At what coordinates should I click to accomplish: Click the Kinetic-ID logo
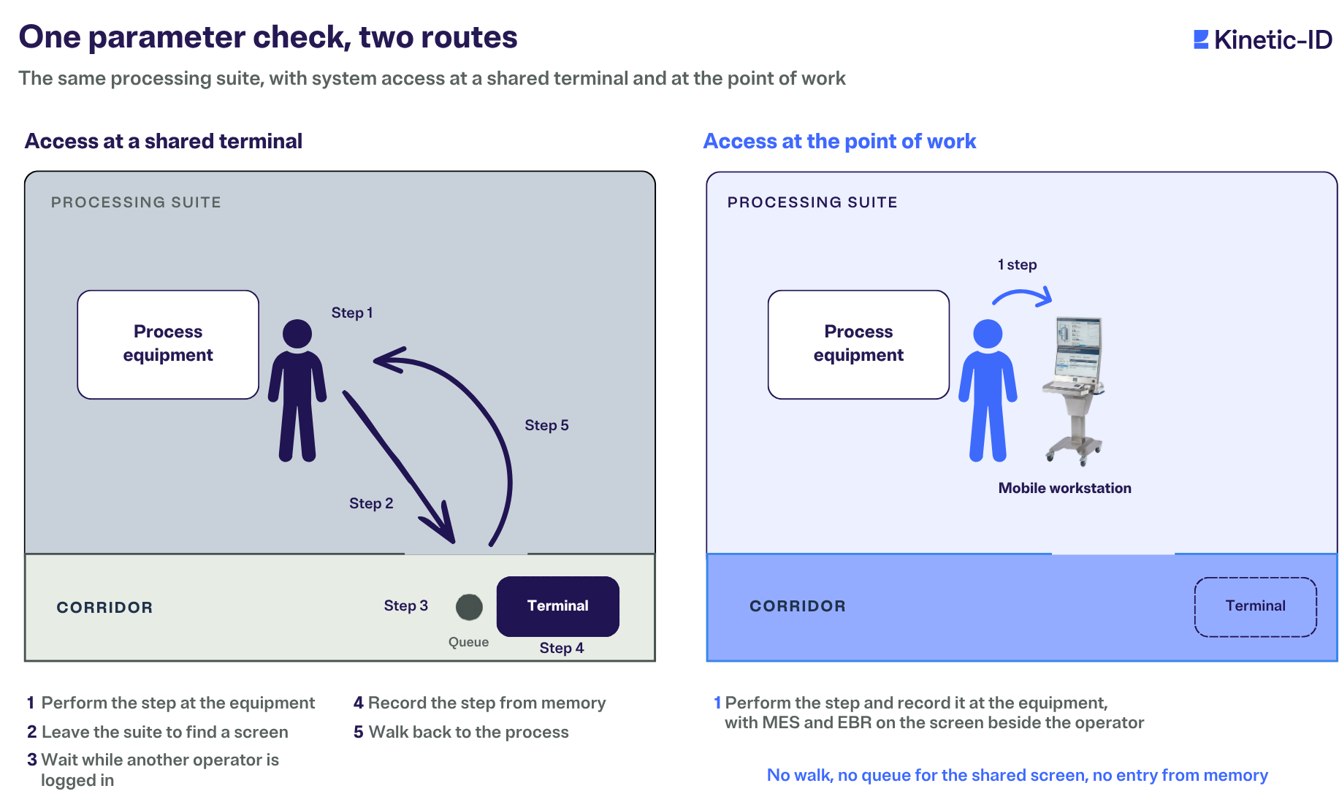(1263, 39)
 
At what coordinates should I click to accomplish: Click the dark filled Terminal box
(558, 606)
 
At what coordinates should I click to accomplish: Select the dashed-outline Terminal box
(1256, 607)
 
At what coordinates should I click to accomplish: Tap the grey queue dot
(469, 607)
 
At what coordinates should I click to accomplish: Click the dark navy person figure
(297, 390)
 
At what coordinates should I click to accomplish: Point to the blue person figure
(988, 390)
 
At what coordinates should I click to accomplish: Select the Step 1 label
(352, 313)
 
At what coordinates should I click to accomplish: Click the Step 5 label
(546, 425)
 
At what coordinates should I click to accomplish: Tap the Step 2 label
(371, 503)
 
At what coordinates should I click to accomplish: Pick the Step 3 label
(406, 606)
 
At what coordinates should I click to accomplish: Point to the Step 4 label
(562, 648)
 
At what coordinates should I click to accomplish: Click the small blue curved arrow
(1023, 293)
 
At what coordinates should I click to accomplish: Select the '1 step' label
(1018, 264)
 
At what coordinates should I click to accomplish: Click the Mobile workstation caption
(1065, 488)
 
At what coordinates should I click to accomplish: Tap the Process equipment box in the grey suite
(168, 345)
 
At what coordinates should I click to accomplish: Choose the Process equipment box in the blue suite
(858, 345)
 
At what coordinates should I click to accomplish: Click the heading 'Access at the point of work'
(839, 141)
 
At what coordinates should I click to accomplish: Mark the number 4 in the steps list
(358, 703)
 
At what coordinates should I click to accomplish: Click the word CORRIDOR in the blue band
(798, 606)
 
